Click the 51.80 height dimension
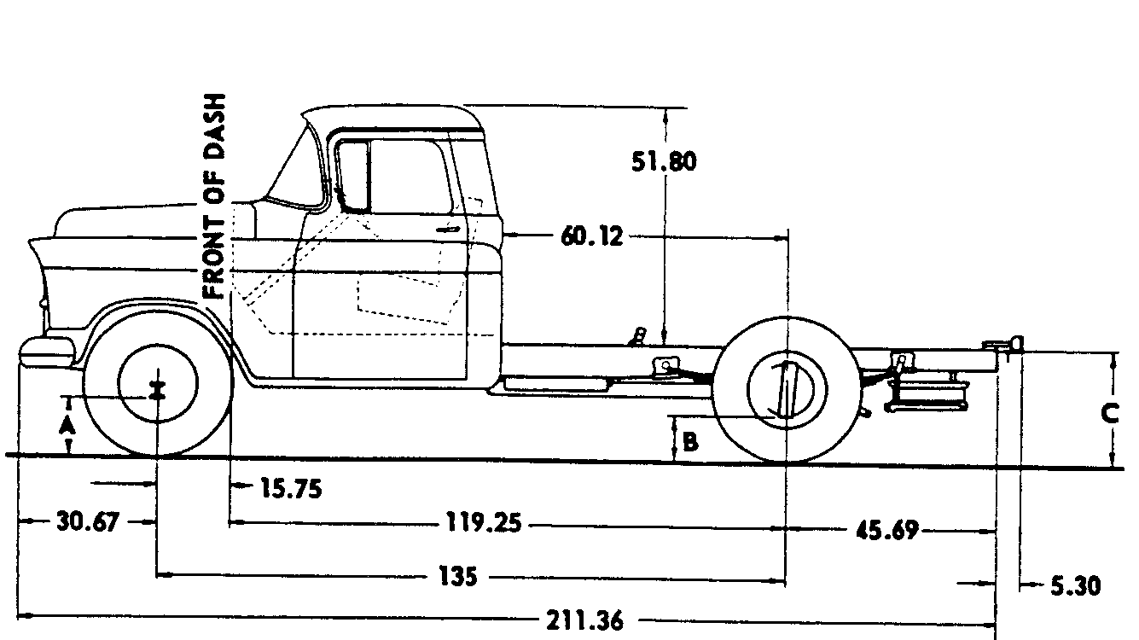pos(664,161)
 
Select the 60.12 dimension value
pos(591,236)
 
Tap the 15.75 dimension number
pos(291,488)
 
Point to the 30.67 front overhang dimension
pos(88,522)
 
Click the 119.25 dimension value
pos(484,522)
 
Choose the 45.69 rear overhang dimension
pos(887,531)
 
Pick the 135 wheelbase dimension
pos(458,577)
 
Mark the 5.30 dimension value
pos(1076,586)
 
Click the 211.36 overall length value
pos(584,620)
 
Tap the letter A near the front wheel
pos(67,427)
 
